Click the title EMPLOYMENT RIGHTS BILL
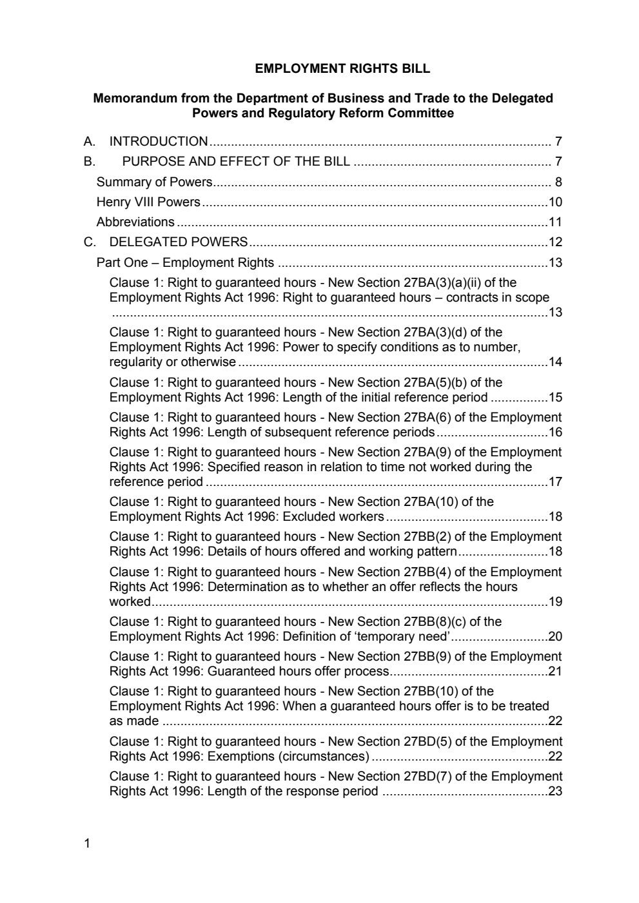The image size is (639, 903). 342,68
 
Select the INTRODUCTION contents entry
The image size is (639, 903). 159,141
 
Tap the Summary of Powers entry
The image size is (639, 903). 154,182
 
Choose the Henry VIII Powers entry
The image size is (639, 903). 148,202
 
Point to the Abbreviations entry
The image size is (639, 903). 135,222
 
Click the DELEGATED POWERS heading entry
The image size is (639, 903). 179,242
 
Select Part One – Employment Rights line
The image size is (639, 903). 185,262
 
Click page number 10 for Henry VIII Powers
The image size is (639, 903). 555,202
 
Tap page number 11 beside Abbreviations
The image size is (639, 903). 555,222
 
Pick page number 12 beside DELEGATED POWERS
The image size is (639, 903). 555,242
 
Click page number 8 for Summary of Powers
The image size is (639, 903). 558,182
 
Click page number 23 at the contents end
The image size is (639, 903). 555,791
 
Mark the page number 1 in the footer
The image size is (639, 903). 87,843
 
